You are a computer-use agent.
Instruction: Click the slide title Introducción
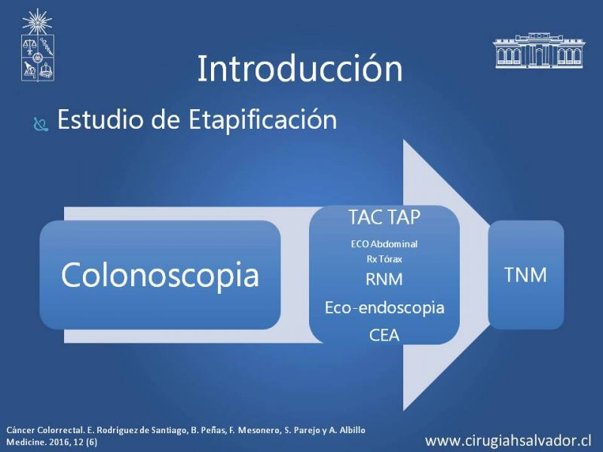click(300, 69)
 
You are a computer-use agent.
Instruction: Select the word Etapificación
click(262, 121)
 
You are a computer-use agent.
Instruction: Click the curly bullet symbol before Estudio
click(41, 124)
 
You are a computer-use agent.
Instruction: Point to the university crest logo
click(37, 45)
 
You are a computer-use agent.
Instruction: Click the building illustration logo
click(539, 50)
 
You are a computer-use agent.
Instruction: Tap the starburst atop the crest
click(37, 22)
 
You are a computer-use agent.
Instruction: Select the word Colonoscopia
click(160, 275)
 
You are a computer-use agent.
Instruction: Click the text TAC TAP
click(384, 217)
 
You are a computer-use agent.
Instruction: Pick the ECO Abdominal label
click(384, 243)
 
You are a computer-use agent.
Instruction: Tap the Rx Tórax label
click(384, 259)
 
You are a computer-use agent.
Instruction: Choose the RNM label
click(384, 279)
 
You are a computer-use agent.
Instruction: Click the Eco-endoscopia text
click(384, 307)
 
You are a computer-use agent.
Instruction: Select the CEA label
click(384, 335)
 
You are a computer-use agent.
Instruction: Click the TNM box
click(525, 275)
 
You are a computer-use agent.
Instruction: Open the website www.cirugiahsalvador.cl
click(508, 441)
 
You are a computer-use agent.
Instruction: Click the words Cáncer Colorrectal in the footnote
click(44, 430)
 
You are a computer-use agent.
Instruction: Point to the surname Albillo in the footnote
click(352, 430)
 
